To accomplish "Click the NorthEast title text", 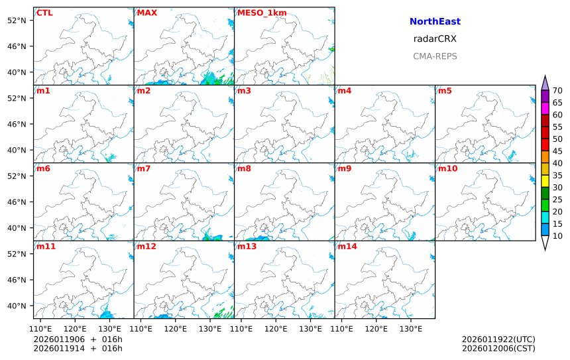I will [435, 22].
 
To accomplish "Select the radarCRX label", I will [435, 39].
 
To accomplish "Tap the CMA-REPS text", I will [435, 56].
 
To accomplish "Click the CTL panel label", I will [44, 13].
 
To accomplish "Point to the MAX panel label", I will [146, 13].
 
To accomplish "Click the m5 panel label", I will [444, 91].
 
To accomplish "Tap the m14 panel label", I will [347, 247].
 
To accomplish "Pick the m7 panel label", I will [143, 168].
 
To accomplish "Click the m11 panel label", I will [46, 247].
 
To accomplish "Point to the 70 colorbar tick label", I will [557, 91].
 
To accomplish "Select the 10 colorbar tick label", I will [557, 236].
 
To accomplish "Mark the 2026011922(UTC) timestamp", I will [498, 339].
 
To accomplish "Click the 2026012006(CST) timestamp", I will [498, 348].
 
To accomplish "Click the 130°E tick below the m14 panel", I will [411, 328].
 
